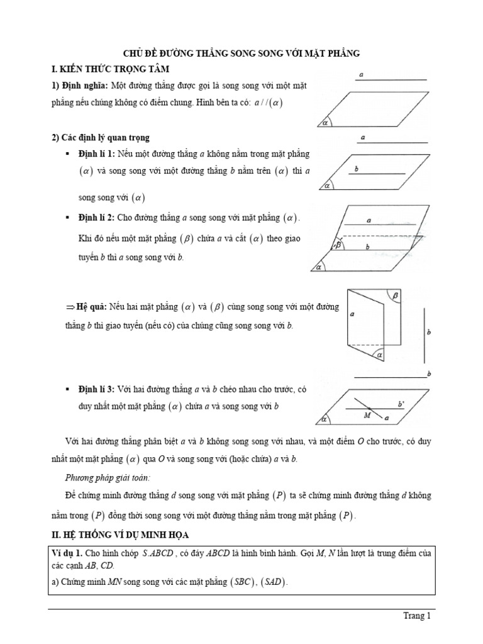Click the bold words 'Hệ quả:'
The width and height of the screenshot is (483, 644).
pyautogui.click(x=91, y=308)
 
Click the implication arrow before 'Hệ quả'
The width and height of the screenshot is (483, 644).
pyautogui.click(x=70, y=308)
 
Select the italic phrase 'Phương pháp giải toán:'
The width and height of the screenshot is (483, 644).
pyautogui.click(x=105, y=477)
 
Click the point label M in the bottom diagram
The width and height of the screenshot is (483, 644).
pyautogui.click(x=367, y=415)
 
